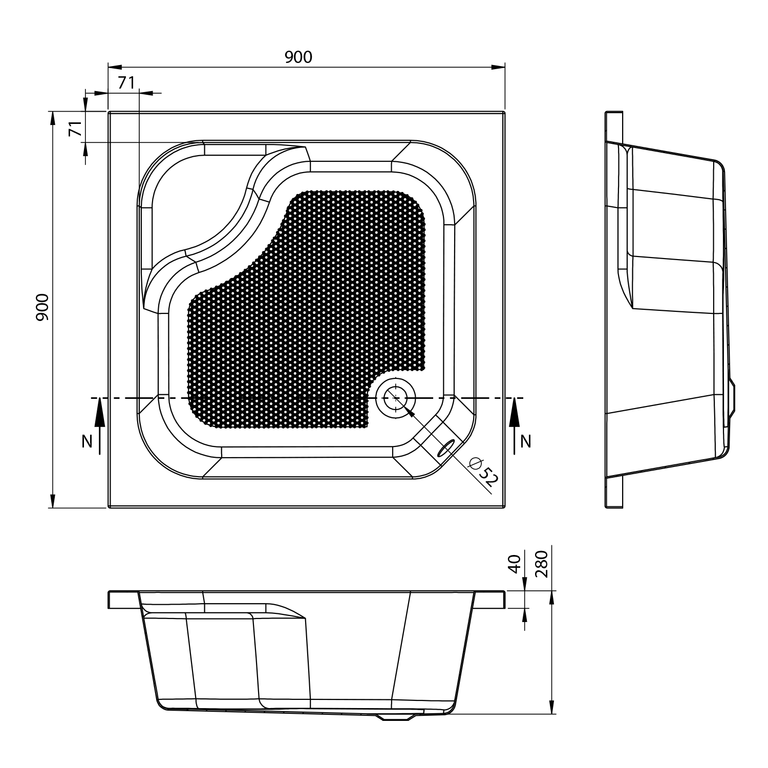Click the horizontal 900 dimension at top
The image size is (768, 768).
click(x=298, y=57)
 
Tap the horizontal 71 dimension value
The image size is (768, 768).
click(x=126, y=82)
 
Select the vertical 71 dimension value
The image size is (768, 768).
click(x=75, y=129)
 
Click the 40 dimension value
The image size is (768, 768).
click(x=515, y=564)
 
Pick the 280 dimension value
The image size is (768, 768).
click(x=542, y=564)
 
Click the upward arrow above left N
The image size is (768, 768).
click(x=100, y=414)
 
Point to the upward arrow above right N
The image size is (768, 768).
click(x=514, y=414)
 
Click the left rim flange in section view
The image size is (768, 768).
click(x=123, y=600)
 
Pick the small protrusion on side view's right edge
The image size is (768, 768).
click(x=733, y=397)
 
